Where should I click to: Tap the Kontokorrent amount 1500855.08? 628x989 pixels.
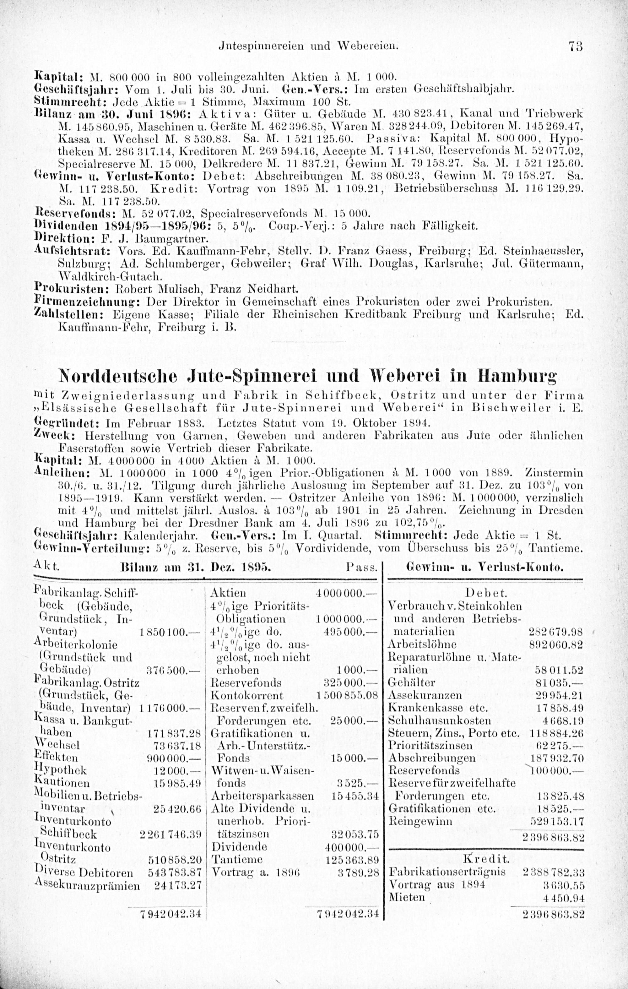[x=347, y=695]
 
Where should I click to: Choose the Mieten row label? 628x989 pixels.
[x=407, y=897]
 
